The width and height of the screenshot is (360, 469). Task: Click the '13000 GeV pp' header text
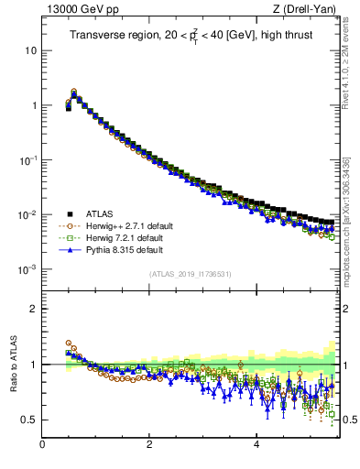click(78, 9)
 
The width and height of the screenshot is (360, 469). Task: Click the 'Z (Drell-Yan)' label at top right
click(304, 9)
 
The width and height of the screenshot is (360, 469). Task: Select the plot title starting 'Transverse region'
click(190, 36)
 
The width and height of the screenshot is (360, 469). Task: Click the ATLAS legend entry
click(101, 213)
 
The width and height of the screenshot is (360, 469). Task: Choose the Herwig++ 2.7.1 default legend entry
click(124, 225)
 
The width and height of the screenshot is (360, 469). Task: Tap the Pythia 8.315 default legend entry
click(120, 249)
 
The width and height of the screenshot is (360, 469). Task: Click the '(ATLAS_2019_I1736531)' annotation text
click(190, 274)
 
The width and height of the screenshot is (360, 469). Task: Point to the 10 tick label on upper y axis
click(31, 50)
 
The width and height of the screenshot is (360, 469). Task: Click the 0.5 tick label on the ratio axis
click(29, 420)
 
